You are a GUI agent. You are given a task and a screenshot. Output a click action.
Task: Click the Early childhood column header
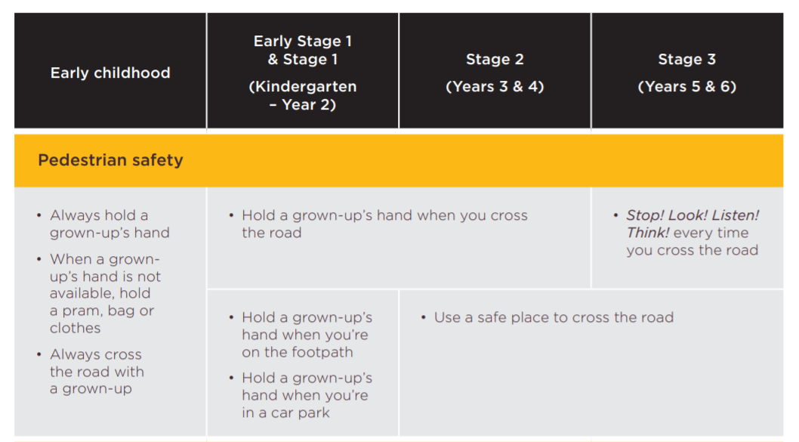(110, 73)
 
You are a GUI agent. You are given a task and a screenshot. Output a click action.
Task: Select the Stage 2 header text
(495, 59)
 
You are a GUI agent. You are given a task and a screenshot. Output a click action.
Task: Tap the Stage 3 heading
(687, 59)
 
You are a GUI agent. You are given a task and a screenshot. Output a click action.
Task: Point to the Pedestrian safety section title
(110, 160)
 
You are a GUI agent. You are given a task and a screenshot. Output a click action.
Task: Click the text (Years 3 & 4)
(495, 87)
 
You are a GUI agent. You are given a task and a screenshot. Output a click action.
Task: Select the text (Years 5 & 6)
(687, 87)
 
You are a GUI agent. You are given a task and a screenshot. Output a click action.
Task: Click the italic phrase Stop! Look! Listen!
(693, 215)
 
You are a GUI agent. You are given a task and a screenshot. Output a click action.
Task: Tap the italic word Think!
(648, 233)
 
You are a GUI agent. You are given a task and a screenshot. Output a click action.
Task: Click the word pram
(80, 311)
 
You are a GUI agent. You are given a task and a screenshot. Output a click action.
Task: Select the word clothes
(76, 328)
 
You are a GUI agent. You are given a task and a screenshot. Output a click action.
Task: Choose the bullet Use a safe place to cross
(548, 317)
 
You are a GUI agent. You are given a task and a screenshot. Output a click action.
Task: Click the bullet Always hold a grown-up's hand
(103, 224)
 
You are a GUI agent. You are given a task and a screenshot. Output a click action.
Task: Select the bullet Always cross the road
(91, 372)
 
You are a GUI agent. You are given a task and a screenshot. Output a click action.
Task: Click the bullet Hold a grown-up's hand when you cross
(378, 224)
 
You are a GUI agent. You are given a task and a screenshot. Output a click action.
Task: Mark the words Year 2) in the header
(309, 104)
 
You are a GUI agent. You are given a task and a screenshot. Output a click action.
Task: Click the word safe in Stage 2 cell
(491, 317)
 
